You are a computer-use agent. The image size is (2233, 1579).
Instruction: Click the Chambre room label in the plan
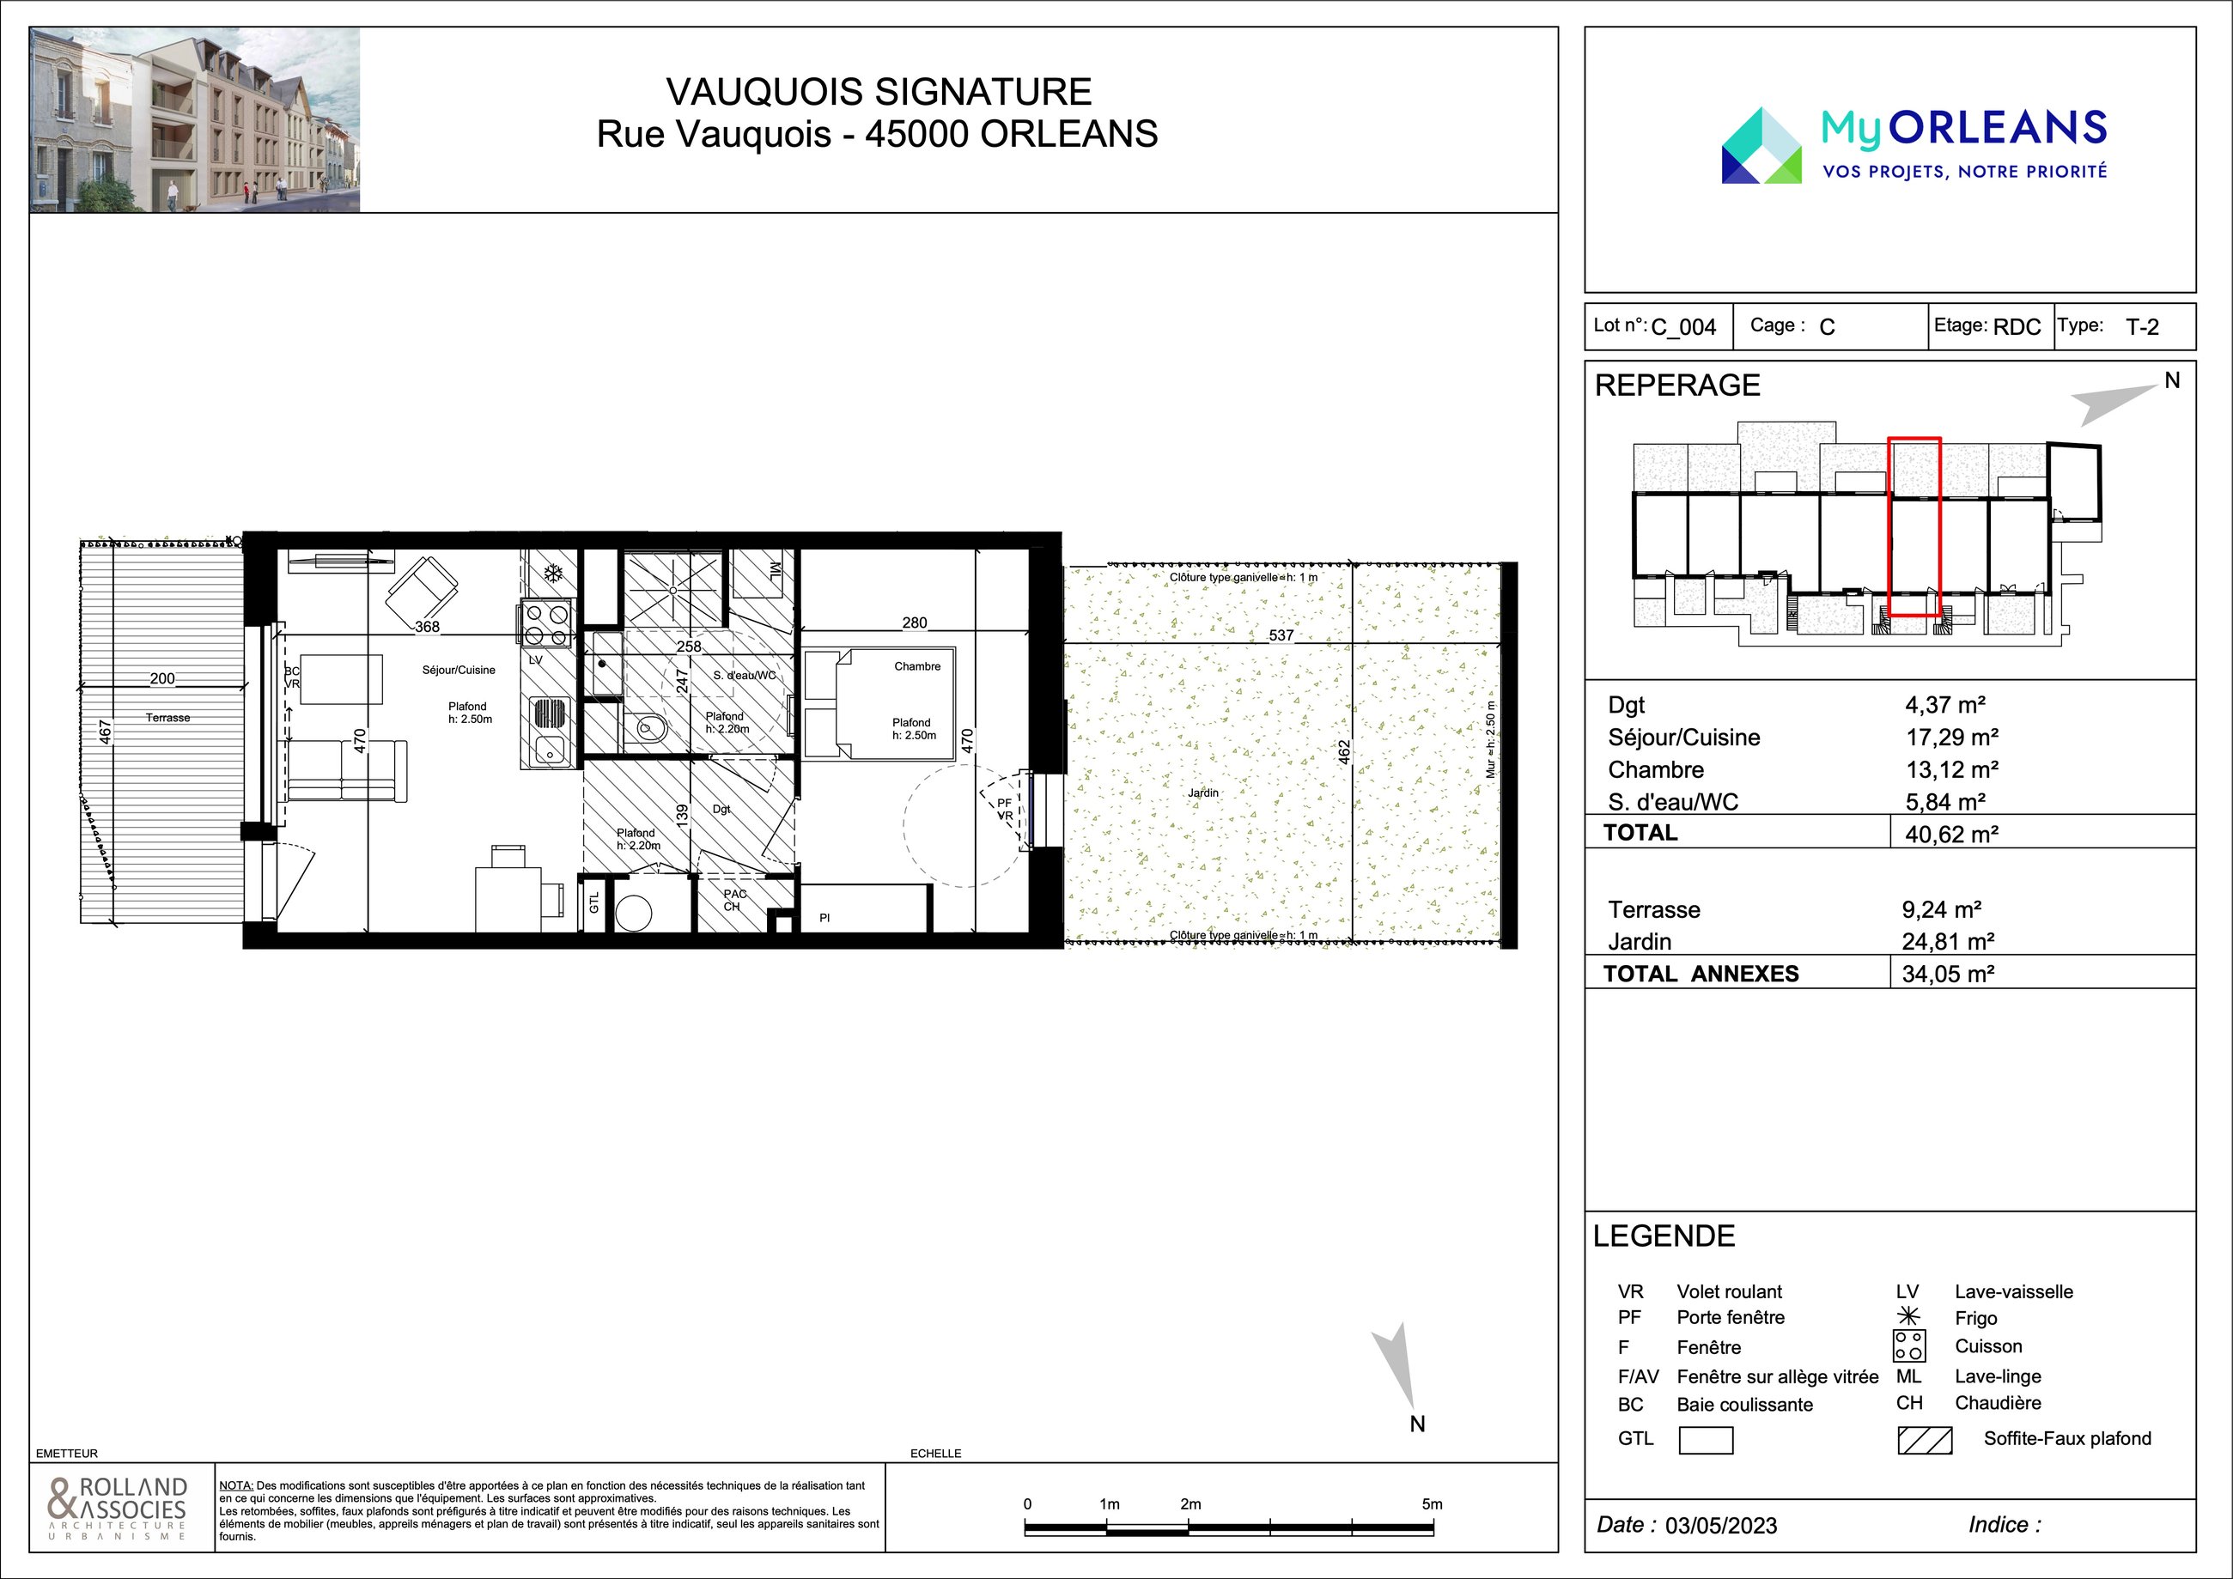[917, 666]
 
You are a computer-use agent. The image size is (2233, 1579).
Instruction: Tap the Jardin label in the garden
[1203, 793]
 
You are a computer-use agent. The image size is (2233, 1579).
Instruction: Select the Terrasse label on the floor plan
[168, 718]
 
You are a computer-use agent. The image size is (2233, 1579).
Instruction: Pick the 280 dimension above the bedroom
[914, 622]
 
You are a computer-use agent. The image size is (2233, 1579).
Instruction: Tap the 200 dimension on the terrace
[162, 678]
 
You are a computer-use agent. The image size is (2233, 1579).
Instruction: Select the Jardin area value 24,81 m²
[1948, 941]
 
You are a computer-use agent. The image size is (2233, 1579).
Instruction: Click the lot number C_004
[1683, 328]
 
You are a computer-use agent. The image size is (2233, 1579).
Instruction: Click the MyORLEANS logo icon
[1761, 146]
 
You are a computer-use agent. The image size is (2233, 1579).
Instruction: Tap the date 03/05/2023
[1720, 1526]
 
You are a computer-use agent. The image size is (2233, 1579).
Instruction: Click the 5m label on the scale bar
[1432, 1504]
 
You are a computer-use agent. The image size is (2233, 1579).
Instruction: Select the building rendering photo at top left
[194, 119]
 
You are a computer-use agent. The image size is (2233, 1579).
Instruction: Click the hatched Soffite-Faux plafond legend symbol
[1925, 1440]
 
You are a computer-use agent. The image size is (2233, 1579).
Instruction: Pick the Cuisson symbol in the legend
[1909, 1345]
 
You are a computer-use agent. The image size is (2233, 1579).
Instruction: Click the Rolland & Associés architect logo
[118, 1508]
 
